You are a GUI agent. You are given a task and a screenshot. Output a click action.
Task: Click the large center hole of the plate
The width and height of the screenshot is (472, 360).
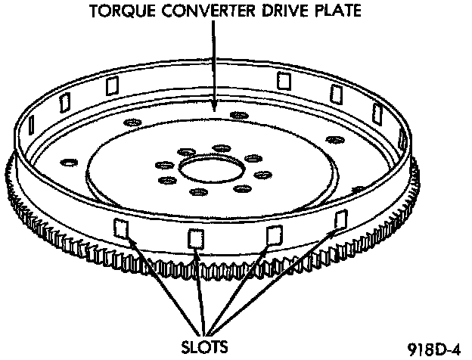tap(209, 169)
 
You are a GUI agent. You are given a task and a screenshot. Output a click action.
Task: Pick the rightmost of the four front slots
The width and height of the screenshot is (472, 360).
tap(340, 220)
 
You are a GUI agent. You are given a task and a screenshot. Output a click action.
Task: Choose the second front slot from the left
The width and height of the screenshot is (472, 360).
tap(196, 237)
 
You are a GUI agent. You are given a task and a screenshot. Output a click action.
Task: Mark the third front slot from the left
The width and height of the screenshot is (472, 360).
tap(275, 234)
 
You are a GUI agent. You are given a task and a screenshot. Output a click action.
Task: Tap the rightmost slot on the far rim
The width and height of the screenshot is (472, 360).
tap(376, 113)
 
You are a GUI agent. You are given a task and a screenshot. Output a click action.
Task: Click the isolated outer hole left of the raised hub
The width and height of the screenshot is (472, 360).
tap(68, 161)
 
